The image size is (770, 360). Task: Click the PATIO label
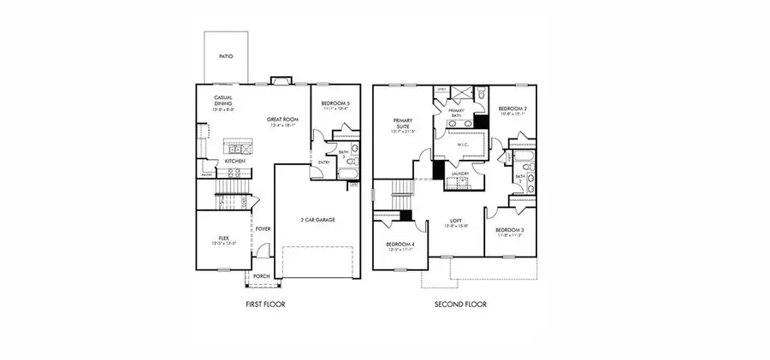(226, 56)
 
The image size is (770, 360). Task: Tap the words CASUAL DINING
(211, 102)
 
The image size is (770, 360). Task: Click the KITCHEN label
(236, 160)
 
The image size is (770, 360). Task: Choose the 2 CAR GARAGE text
(317, 220)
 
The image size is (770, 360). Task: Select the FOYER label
(264, 228)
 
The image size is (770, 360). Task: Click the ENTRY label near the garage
(324, 162)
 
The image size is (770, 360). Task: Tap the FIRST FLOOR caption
(265, 304)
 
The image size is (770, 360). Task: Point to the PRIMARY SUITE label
(402, 123)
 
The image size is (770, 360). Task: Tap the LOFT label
(457, 221)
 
